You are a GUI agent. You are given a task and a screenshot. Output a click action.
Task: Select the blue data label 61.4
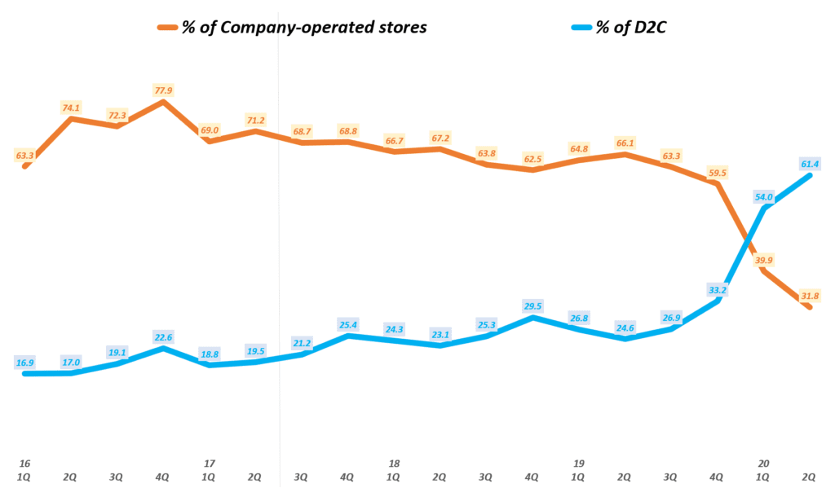click(811, 164)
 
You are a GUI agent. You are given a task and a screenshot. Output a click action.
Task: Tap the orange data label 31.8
click(811, 295)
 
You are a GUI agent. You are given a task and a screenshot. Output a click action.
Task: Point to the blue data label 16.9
click(25, 362)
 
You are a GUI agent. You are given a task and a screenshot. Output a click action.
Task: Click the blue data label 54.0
click(765, 196)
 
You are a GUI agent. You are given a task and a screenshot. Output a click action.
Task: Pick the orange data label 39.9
click(765, 259)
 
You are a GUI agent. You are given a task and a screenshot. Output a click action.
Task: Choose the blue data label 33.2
click(718, 289)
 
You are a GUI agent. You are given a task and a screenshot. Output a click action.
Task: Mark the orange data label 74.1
click(72, 108)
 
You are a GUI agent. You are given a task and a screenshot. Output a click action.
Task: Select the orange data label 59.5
click(718, 173)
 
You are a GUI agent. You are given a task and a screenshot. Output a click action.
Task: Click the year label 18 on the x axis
click(395, 464)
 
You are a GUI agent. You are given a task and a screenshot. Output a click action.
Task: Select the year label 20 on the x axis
click(764, 464)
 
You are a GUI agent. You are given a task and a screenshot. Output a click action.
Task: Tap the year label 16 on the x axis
click(25, 464)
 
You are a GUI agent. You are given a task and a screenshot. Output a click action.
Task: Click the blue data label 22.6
click(163, 337)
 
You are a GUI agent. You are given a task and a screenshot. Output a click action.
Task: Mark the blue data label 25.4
click(349, 324)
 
